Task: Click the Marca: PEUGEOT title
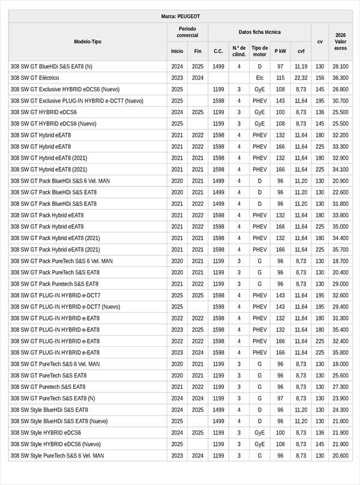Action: (181, 16)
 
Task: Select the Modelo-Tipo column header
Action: (88, 41)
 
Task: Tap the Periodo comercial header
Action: (187, 32)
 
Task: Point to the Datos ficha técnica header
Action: (259, 32)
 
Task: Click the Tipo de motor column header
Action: (260, 51)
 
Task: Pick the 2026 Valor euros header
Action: (340, 41)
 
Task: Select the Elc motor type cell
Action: (260, 78)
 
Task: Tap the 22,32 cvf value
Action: (301, 78)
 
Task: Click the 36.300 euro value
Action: (340, 78)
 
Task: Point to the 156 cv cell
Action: (320, 78)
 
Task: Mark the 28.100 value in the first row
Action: (340, 67)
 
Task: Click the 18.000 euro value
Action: (340, 364)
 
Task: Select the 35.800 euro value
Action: (340, 352)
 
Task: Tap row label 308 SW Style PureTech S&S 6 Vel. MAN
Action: (57, 456)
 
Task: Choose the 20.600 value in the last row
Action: (340, 456)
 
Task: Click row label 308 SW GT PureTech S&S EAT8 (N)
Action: (53, 398)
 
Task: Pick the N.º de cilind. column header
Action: (239, 51)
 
